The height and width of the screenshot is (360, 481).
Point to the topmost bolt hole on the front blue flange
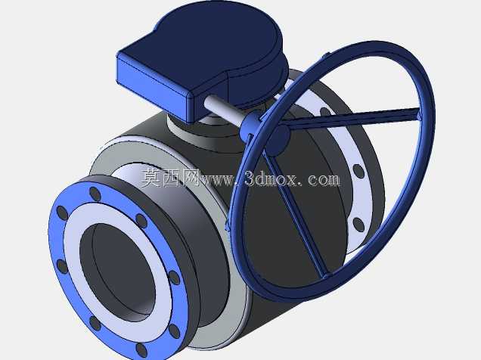(95, 194)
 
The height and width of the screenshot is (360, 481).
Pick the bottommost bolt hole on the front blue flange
(141, 349)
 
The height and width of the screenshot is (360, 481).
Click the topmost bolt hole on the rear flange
(325, 112)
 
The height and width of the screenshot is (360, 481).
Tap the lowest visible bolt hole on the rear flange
(358, 225)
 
